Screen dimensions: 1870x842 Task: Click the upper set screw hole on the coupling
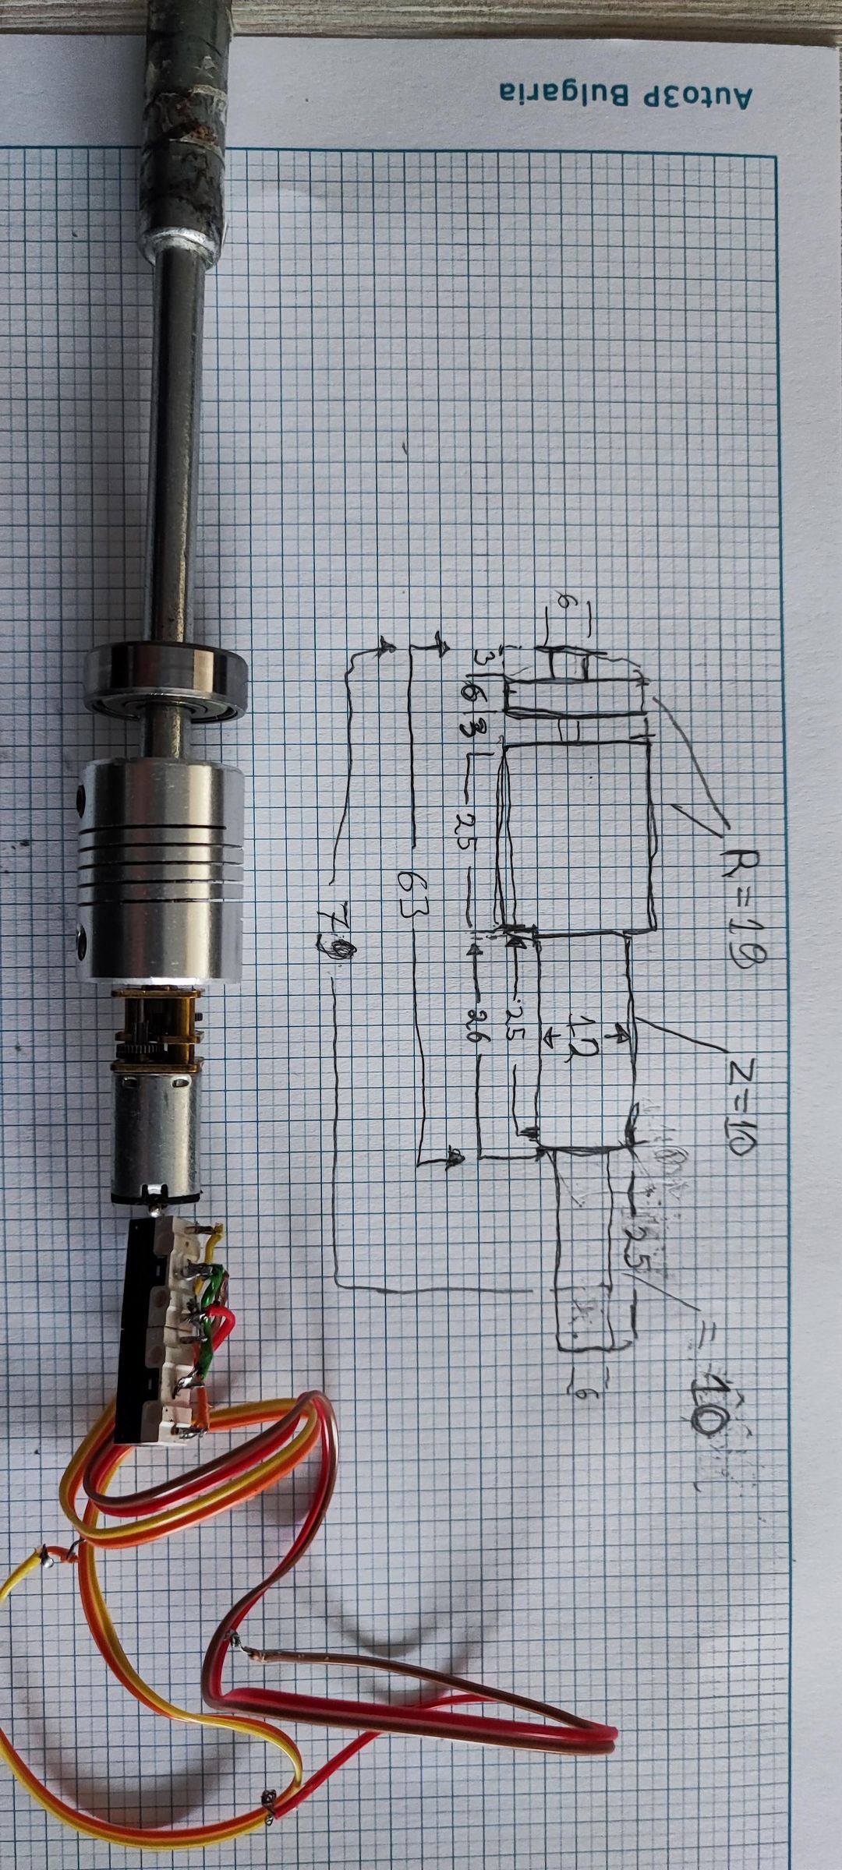coord(82,796)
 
